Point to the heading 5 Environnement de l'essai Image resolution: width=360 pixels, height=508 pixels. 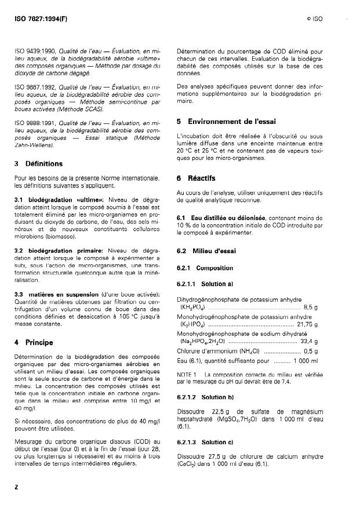coord(227,122)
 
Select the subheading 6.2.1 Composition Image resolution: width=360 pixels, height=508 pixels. coord(205,268)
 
